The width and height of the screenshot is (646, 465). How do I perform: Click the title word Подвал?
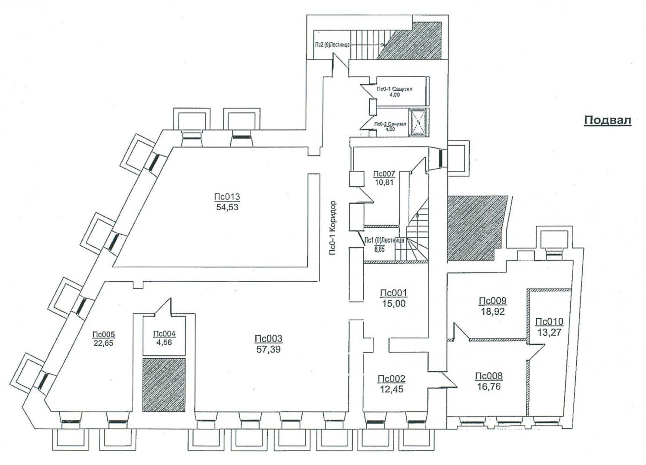point(607,121)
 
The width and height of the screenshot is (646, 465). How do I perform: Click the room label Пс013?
point(227,197)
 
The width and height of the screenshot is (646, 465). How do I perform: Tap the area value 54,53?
point(227,207)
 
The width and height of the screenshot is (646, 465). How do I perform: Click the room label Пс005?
point(103,334)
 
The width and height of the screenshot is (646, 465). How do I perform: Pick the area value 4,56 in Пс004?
point(164,343)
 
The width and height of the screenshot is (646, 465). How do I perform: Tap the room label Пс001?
point(393,293)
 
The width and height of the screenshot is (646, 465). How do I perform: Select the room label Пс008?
point(488,376)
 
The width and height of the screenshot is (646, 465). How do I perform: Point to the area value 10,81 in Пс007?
point(384,182)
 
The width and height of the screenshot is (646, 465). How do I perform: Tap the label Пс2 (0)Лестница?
point(334,44)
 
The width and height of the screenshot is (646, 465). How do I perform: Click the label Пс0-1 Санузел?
point(395,89)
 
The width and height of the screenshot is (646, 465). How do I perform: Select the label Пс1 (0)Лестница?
point(384,240)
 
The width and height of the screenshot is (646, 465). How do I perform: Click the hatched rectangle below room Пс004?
point(164,383)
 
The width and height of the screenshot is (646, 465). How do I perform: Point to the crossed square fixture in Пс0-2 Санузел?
point(417,122)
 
